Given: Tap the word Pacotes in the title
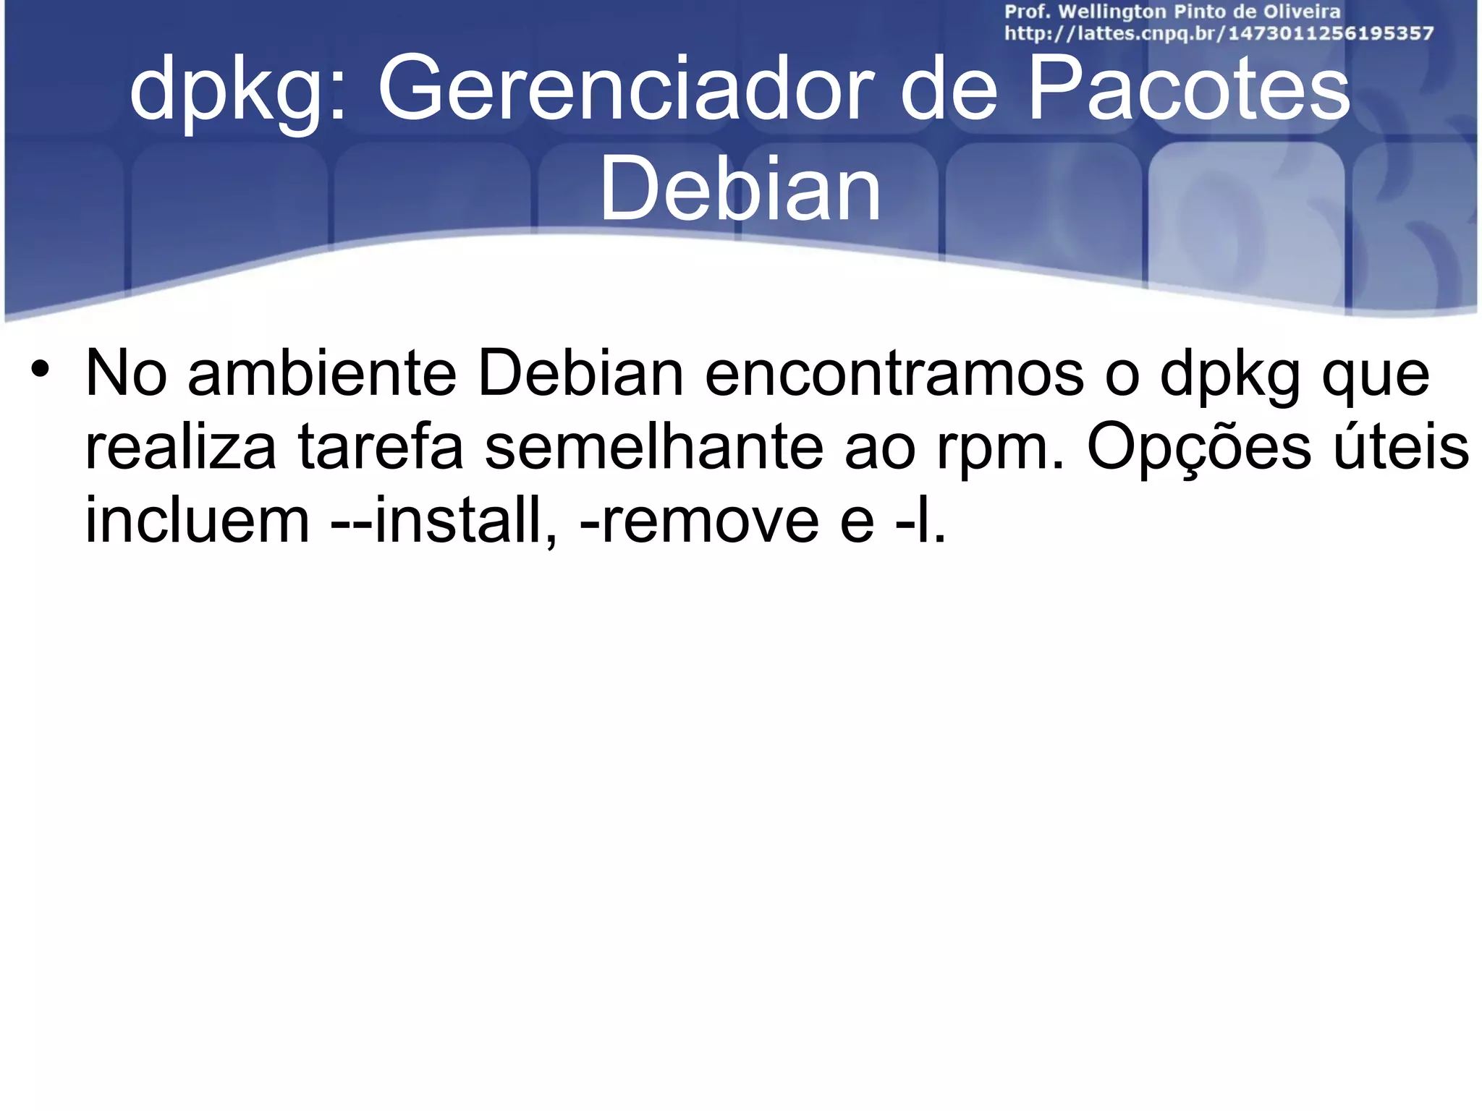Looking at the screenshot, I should point(1187,91).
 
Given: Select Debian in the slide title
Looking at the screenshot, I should point(740,190).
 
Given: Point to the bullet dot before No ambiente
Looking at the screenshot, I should point(41,368).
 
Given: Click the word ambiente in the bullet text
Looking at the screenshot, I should point(322,374).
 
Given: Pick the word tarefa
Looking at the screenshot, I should point(381,447).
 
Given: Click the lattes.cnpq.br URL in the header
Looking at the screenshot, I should point(1219,34).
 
